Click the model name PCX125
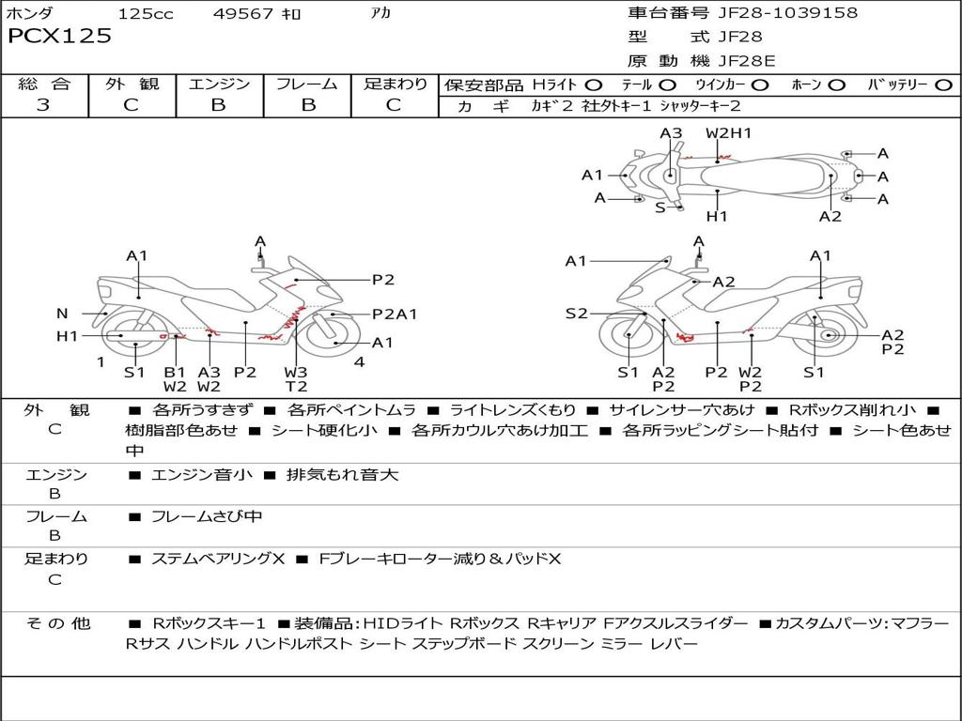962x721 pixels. (x=60, y=37)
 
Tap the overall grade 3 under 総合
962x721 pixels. (x=43, y=105)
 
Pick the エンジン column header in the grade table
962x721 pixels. (x=219, y=84)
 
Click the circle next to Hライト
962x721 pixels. (x=594, y=85)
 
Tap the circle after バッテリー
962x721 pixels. (x=943, y=85)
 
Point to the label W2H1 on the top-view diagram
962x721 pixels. (x=729, y=133)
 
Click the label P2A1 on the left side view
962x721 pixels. (x=395, y=314)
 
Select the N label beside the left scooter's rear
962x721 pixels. (x=62, y=314)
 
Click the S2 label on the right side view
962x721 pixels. (x=576, y=314)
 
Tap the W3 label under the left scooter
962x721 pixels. (x=296, y=372)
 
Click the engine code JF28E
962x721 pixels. (x=749, y=61)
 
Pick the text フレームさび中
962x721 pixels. (x=207, y=516)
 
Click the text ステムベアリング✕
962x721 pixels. (x=217, y=559)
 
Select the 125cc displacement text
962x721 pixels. (x=146, y=13)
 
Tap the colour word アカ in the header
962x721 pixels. (x=382, y=13)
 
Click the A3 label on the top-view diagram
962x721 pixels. (x=671, y=133)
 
